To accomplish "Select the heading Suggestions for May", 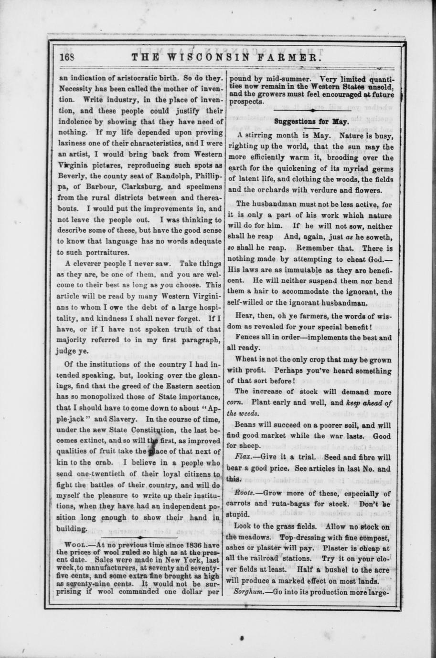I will [x=311, y=122].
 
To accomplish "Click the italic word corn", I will [x=234, y=402].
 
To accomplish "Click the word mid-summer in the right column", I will [x=286, y=80].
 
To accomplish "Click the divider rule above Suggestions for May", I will [x=311, y=111].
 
